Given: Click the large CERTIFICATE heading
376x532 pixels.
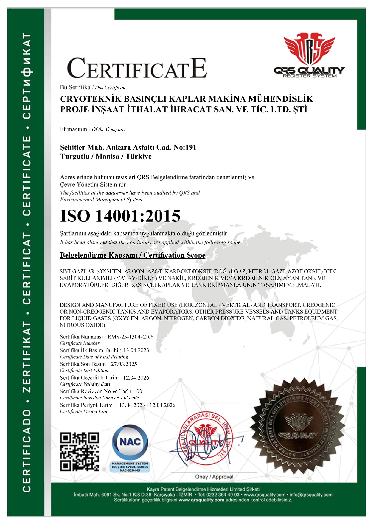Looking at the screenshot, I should pos(137,68).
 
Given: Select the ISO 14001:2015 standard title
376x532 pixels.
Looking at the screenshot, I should pos(120,216).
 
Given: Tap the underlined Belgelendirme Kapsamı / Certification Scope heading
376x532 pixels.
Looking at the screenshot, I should pos(133,255).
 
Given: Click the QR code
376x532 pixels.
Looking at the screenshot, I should pos(80,451).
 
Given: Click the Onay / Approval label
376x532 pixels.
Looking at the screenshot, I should pos(214,477).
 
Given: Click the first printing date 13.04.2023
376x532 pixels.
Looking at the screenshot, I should pos(136,350).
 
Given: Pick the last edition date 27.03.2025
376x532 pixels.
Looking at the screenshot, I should pos(124,364).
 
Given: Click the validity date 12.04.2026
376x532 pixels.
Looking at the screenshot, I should pos(136,378).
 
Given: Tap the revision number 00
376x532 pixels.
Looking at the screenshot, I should pos(139,391).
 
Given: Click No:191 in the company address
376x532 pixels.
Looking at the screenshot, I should pos(185,147).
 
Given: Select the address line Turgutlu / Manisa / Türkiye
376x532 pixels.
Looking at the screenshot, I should pos(106,156).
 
